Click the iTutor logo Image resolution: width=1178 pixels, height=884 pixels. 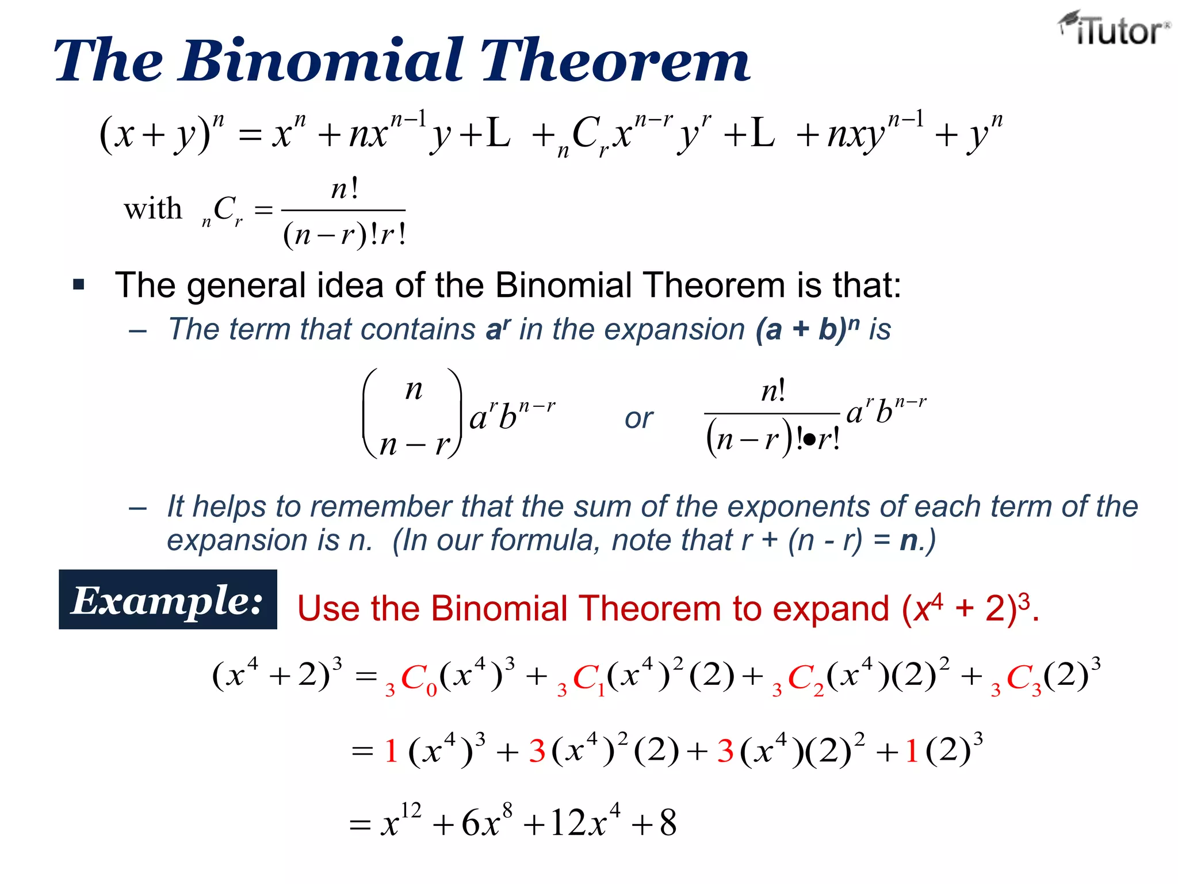pos(1114,29)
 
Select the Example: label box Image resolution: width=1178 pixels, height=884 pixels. pos(167,600)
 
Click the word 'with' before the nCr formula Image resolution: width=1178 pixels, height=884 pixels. pos(152,208)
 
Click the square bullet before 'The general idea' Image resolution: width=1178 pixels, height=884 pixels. pos(79,284)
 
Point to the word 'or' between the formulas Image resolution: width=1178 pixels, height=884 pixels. pos(638,418)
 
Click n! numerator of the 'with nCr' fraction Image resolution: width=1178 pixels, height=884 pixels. pos(345,189)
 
